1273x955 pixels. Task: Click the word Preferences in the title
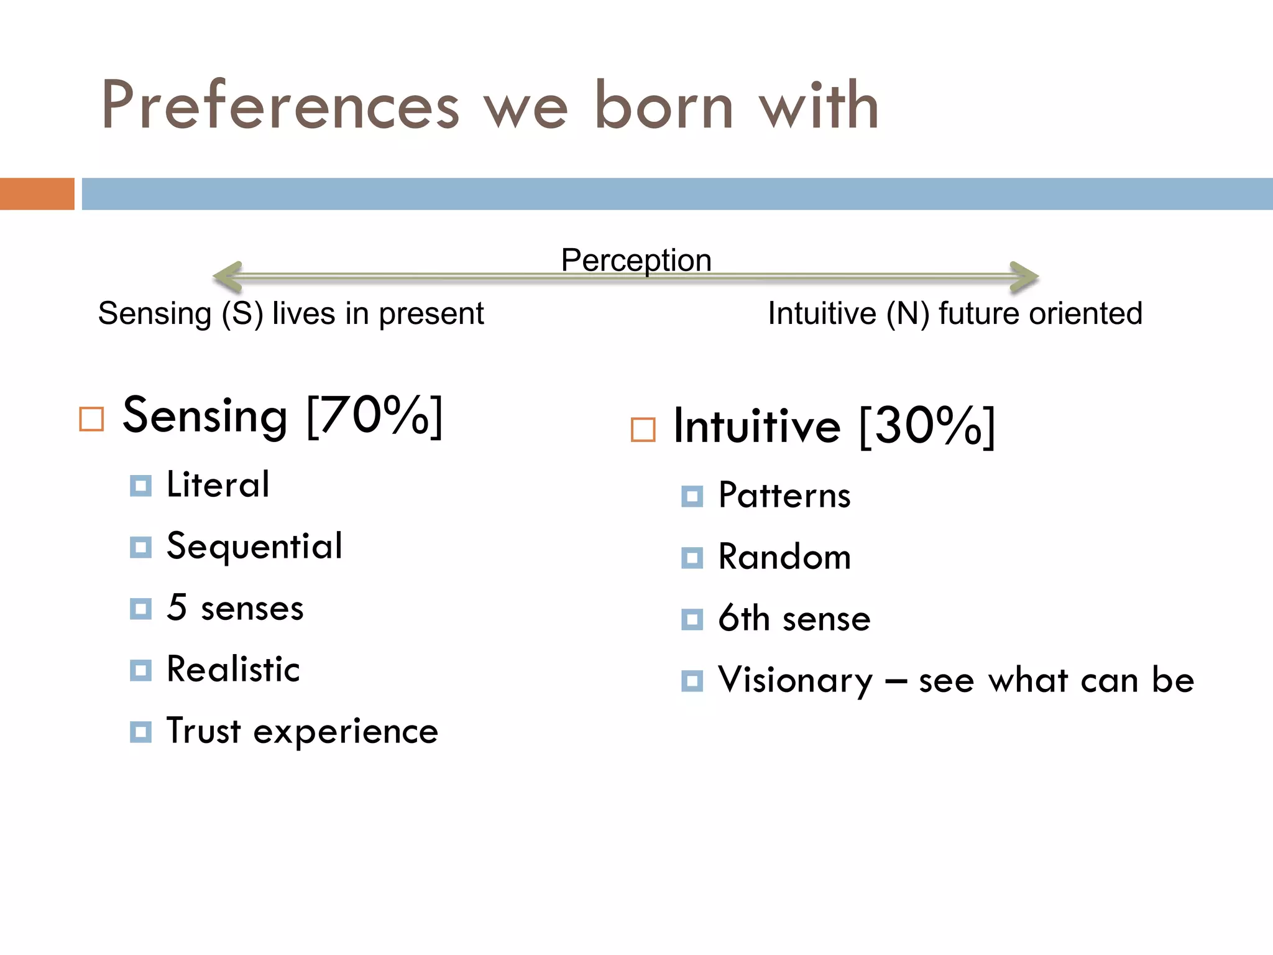tap(280, 106)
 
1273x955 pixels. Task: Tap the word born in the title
tap(664, 106)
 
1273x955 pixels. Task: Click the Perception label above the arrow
tap(636, 260)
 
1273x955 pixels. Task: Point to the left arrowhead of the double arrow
tap(227, 277)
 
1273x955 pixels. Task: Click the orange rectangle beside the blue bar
tap(37, 194)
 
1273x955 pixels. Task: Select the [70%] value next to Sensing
tap(375, 416)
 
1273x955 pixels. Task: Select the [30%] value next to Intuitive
tap(927, 427)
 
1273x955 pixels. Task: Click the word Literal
tap(218, 484)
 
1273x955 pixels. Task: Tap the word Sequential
tap(254, 547)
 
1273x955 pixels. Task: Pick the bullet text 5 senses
tap(235, 608)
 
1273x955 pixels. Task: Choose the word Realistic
tap(233, 670)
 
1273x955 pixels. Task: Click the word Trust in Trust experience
tap(203, 731)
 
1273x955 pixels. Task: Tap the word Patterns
tap(784, 496)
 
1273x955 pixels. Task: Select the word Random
tap(784, 556)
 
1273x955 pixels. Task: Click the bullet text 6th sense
tap(794, 619)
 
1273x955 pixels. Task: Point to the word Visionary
tap(795, 680)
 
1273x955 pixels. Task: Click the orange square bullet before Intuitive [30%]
tap(643, 430)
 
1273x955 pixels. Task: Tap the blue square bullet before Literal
tap(140, 486)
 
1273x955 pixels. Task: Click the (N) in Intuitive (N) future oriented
tap(908, 313)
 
